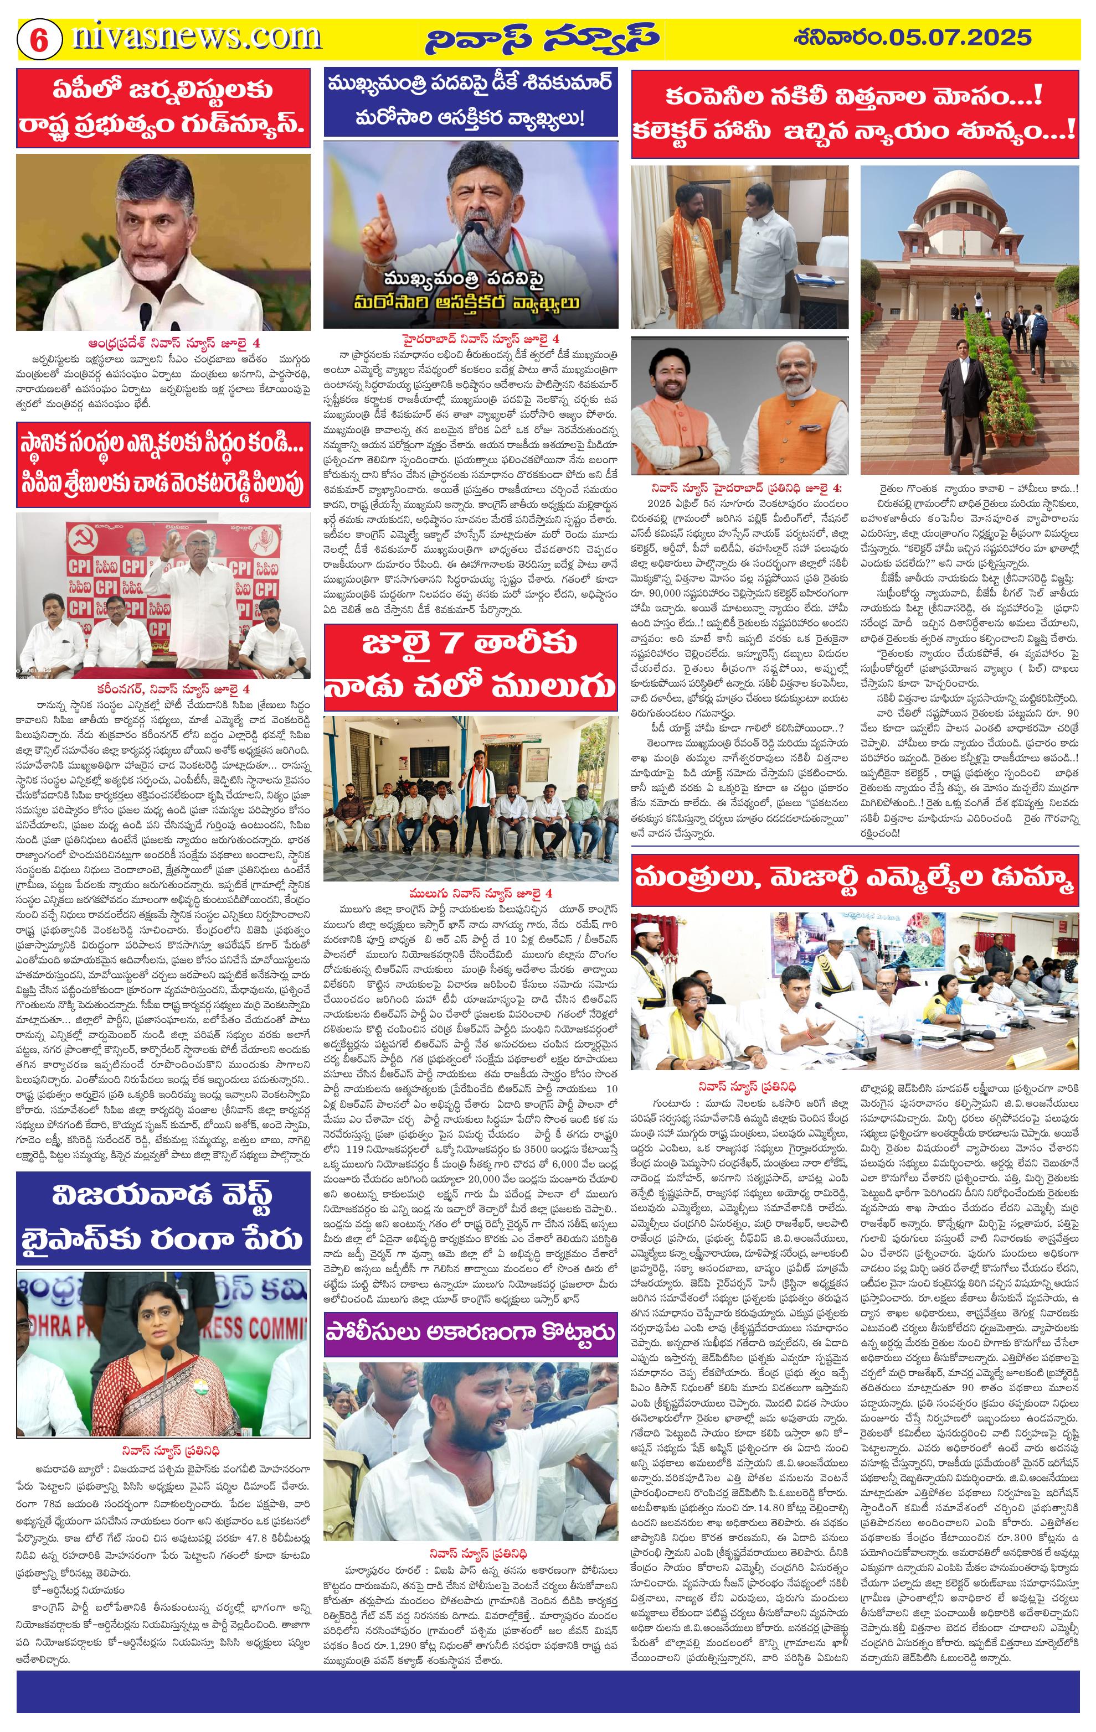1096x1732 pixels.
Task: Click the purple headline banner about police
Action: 471,1331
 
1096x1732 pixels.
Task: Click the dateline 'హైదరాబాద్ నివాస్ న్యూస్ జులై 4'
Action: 481,338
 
